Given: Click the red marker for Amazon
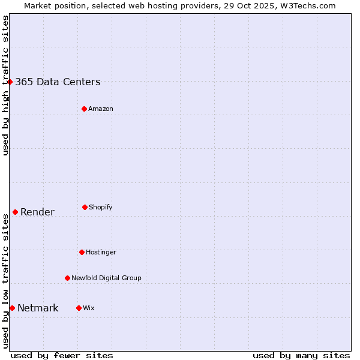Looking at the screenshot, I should coord(84,109).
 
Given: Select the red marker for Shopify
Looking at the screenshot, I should coord(85,207).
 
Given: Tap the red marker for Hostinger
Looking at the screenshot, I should coord(82,252).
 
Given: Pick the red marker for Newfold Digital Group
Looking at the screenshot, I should coord(67,278).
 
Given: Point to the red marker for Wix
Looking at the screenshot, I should coord(79,308).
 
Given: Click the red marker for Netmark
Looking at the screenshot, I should coord(12,308).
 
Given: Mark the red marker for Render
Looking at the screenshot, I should coord(15,212).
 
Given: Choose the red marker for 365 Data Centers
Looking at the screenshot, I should coord(10,82).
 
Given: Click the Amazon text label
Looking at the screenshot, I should coord(101,109).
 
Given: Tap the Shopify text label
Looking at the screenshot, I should coord(101,207).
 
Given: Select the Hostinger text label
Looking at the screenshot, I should coord(101,252).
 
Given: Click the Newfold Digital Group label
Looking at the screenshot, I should coord(106,278).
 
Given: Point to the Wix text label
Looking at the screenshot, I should coord(89,308).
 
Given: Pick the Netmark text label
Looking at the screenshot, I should coord(38,308).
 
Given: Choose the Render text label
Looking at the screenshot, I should coord(37,212).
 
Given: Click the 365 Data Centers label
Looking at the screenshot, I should coord(58,82).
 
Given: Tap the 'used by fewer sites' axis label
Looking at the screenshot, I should coord(62,355).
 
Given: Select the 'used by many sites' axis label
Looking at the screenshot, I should coord(301,355).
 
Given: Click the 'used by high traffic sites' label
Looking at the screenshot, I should coord(5,85).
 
